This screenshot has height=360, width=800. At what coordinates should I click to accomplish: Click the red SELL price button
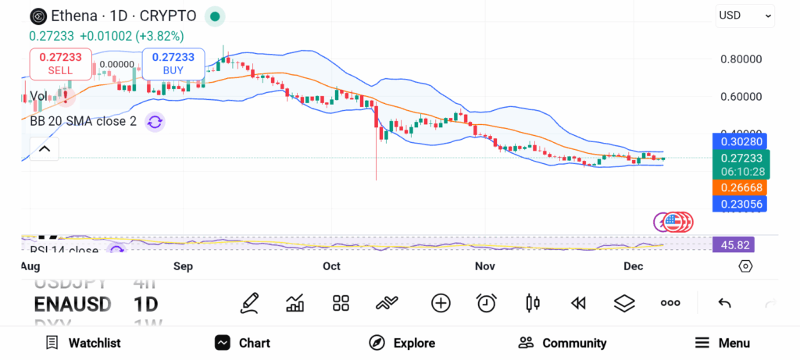[x=60, y=63]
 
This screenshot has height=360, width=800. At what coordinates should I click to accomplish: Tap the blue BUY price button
[x=173, y=63]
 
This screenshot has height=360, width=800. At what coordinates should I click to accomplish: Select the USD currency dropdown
[x=745, y=15]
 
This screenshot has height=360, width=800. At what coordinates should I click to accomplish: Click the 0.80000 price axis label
[x=740, y=59]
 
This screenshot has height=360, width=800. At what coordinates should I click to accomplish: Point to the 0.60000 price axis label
[x=740, y=97]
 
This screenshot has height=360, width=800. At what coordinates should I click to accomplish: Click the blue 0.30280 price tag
[x=739, y=141]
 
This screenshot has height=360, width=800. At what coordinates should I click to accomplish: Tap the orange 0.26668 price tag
[x=739, y=187]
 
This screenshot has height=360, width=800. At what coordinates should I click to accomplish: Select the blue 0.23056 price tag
[x=739, y=203]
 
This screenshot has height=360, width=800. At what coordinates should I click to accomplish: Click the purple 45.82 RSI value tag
[x=735, y=244]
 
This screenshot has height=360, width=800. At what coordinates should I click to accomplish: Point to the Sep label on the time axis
[x=183, y=266]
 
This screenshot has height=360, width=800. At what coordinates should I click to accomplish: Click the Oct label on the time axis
[x=331, y=266]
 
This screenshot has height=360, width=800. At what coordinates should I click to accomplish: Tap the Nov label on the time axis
[x=485, y=266]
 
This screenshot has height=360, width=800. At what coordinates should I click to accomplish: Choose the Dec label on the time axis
[x=632, y=266]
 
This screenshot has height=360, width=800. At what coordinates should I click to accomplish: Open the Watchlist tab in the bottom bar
[x=83, y=343]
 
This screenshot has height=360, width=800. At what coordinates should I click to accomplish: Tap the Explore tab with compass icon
[x=402, y=343]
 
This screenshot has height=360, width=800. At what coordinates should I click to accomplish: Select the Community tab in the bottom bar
[x=562, y=343]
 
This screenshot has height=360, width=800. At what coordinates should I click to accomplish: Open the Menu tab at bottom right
[x=723, y=343]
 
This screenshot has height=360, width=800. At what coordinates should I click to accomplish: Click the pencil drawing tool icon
[x=250, y=303]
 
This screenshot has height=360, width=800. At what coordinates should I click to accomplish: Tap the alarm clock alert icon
[x=487, y=303]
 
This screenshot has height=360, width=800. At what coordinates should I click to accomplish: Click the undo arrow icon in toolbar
[x=724, y=303]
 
